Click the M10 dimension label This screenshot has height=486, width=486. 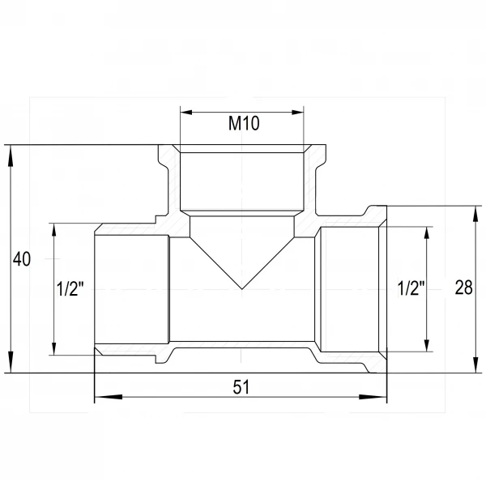(244, 123)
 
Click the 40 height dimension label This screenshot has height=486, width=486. (22, 259)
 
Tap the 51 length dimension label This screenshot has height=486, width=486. (241, 387)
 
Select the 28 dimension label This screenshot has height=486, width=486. (463, 288)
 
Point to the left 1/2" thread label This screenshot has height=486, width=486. (70, 289)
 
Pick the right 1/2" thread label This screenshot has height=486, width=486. (411, 288)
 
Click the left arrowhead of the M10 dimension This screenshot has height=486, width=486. (186, 113)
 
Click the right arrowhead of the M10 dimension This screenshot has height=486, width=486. (297, 113)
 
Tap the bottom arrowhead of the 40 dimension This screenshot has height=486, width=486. (11, 362)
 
